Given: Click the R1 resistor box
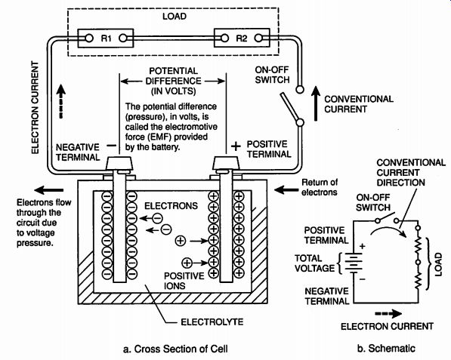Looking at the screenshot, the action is pyautogui.click(x=106, y=38).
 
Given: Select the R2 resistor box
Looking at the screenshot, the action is pyautogui.click(x=242, y=38).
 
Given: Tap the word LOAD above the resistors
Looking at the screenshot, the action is pyautogui.click(x=175, y=16).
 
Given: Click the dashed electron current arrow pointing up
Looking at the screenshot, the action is pyautogui.click(x=61, y=101).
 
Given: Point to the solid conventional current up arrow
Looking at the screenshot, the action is pyautogui.click(x=316, y=103).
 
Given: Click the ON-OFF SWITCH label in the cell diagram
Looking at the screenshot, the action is pyautogui.click(x=272, y=75).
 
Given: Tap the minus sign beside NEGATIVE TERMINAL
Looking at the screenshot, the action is pyautogui.click(x=111, y=146).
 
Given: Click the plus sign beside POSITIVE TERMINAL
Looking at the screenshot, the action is pyautogui.click(x=236, y=146).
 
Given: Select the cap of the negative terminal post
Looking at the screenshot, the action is pyautogui.click(x=119, y=164).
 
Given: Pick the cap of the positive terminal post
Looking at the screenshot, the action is pyautogui.click(x=226, y=163).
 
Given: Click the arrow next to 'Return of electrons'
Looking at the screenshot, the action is pyautogui.click(x=286, y=189).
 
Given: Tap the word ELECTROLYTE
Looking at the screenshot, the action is pyautogui.click(x=212, y=322).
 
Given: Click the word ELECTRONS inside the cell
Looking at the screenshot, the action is pyautogui.click(x=171, y=206).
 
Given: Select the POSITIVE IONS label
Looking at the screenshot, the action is pyautogui.click(x=184, y=281).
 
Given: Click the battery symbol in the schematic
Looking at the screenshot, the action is pyautogui.click(x=354, y=263).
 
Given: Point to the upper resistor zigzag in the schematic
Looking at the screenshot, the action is pyautogui.click(x=419, y=245).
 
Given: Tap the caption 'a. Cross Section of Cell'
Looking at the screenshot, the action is pyautogui.click(x=175, y=349).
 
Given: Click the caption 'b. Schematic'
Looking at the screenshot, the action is pyautogui.click(x=386, y=348).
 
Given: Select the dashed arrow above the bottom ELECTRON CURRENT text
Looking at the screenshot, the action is pyautogui.click(x=388, y=314).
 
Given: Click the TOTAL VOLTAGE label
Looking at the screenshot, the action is pyautogui.click(x=314, y=263).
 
